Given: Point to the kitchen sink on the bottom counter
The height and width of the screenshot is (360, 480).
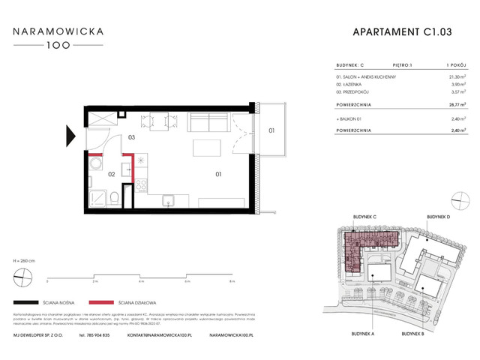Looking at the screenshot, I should (x=169, y=199).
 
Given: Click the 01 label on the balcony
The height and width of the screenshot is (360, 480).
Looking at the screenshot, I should (x=271, y=132).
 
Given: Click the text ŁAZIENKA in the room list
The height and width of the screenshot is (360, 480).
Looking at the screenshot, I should (x=349, y=85).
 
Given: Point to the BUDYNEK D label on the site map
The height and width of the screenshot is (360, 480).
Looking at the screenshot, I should (x=438, y=217).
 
